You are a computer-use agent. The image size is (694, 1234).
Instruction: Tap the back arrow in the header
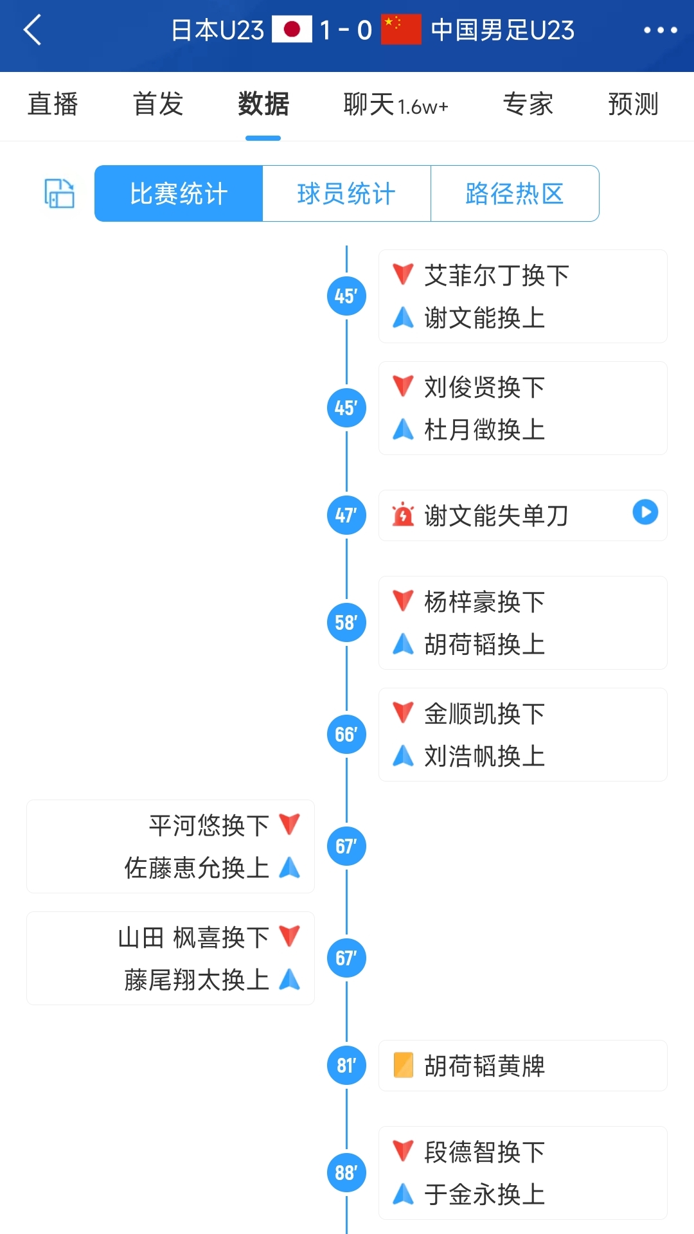32,30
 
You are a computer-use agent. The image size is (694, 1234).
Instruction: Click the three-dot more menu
660,30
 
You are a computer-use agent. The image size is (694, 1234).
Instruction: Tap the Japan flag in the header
292,30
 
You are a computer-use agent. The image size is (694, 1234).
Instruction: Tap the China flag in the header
401,30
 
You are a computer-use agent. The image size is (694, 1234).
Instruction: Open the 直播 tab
53,104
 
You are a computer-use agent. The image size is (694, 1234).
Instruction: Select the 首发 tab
158,104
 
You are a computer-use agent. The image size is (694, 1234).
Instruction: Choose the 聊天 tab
395,104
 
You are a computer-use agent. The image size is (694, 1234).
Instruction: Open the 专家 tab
528,104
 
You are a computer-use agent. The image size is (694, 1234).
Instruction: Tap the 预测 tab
633,104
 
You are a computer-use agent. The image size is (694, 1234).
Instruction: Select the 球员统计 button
346,193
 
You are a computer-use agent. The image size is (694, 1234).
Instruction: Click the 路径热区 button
515,193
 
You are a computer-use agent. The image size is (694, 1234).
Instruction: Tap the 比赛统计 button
179,193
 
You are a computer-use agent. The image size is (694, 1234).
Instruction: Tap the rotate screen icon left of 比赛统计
59,193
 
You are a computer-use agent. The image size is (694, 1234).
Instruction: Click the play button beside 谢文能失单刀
645,512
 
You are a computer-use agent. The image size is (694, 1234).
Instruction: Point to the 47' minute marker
346,515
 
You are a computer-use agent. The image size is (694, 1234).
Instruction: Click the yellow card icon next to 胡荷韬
403,1065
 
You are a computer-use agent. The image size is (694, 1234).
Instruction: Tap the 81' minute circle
346,1066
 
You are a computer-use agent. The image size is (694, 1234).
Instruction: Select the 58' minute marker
346,622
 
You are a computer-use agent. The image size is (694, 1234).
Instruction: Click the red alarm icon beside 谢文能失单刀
403,515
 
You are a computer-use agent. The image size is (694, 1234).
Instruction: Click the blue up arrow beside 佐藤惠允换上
290,868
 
